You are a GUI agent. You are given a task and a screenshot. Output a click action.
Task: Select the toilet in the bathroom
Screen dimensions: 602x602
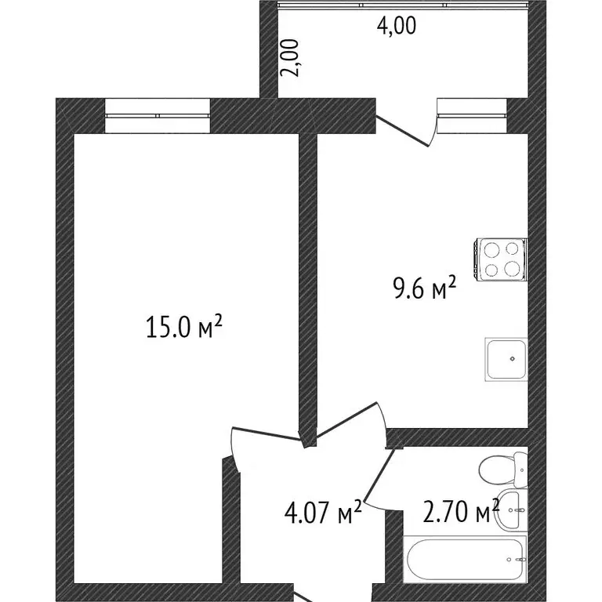(502, 468)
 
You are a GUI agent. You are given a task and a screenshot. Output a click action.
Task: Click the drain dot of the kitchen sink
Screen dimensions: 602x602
(513, 359)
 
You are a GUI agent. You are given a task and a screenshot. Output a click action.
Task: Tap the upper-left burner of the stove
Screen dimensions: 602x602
(492, 251)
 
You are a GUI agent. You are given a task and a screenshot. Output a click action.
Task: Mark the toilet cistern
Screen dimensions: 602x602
(521, 468)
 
